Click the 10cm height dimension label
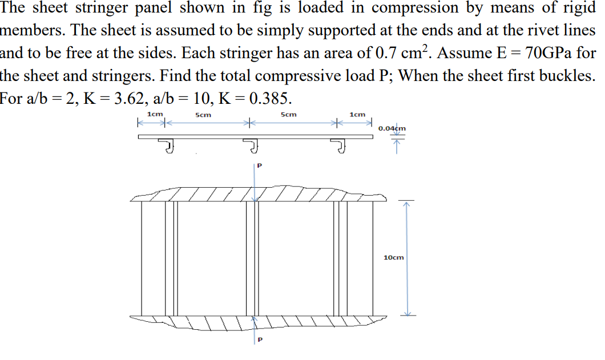click(394, 257)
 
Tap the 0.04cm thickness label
click(392, 128)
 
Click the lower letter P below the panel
click(260, 341)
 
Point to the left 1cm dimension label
click(154, 115)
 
